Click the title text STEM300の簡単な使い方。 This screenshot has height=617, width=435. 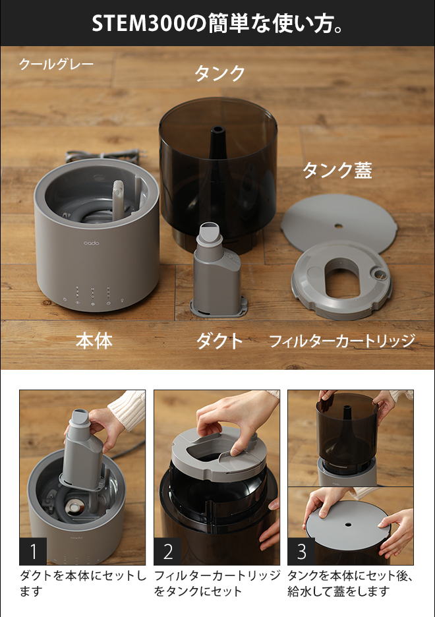pyautogui.click(x=217, y=23)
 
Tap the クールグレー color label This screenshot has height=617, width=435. pyautogui.click(x=56, y=65)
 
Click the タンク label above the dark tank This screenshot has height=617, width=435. pyautogui.click(x=219, y=73)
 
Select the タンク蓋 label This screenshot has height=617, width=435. pyautogui.click(x=337, y=170)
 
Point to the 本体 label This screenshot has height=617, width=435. pyautogui.click(x=94, y=341)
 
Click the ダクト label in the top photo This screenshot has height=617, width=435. pyautogui.click(x=219, y=341)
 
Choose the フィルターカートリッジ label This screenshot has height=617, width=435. pyautogui.click(x=341, y=341)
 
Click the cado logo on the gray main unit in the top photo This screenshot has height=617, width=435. pyautogui.click(x=90, y=245)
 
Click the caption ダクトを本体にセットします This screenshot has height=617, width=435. pyautogui.click(x=82, y=583)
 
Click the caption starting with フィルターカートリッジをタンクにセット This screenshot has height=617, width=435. pyautogui.click(x=217, y=583)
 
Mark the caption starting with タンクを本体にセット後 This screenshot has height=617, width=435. pyautogui.click(x=350, y=583)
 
